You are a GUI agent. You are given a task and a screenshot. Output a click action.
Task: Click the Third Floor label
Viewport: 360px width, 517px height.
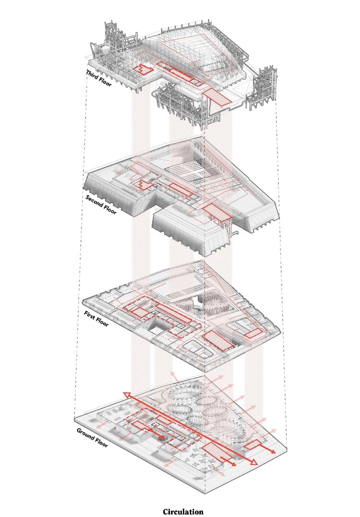point(99,78)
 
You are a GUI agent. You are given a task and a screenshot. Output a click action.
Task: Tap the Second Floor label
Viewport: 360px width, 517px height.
point(101,204)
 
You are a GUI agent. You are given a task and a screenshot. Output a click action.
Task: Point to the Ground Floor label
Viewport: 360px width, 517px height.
point(92,438)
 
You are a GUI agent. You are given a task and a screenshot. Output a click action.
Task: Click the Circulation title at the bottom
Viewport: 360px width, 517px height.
point(183,511)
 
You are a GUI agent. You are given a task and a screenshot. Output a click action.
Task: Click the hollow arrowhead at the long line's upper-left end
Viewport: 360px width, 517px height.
point(127,394)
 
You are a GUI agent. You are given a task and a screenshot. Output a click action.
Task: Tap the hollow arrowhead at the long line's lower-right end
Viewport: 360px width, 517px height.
point(253,462)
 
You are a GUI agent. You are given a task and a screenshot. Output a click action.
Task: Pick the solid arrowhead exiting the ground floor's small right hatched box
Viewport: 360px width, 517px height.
point(273,451)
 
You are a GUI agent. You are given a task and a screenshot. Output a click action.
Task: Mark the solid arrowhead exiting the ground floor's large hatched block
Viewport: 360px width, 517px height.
point(232,464)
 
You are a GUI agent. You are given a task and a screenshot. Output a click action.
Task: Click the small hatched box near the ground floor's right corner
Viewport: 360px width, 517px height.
point(252,445)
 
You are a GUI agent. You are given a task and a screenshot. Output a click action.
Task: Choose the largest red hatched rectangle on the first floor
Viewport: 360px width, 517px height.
point(218,340)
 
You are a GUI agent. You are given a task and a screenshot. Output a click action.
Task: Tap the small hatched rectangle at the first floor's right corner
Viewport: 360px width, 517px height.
point(253,333)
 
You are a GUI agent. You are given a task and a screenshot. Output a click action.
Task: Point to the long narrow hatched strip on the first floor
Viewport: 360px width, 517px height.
point(174,313)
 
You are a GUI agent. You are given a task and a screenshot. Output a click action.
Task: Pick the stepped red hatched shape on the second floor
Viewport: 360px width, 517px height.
point(145,185)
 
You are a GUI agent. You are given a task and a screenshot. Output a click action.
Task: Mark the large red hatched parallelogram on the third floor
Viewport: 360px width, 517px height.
point(216,97)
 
